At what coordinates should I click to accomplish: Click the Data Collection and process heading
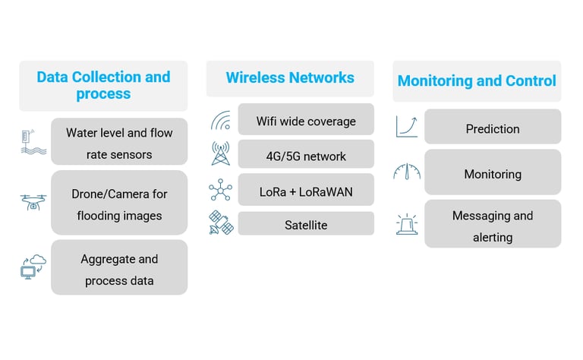click(x=103, y=86)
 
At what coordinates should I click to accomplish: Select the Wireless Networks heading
click(x=290, y=77)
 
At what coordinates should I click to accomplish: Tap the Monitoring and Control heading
click(x=477, y=81)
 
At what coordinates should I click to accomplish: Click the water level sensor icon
click(x=33, y=143)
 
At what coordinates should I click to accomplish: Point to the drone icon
click(x=33, y=203)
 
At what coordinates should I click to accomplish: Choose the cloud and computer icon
click(x=33, y=267)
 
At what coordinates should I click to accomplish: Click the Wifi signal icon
click(x=220, y=121)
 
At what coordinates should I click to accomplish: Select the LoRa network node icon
click(x=220, y=190)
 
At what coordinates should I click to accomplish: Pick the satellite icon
click(x=220, y=223)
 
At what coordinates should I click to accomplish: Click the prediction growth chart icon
click(x=407, y=126)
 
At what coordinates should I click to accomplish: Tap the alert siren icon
click(x=407, y=223)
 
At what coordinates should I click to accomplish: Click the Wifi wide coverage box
click(x=306, y=120)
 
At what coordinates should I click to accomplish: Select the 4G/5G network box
click(x=306, y=156)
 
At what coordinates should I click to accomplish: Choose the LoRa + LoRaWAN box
click(x=306, y=191)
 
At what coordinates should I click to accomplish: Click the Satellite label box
click(x=306, y=224)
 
